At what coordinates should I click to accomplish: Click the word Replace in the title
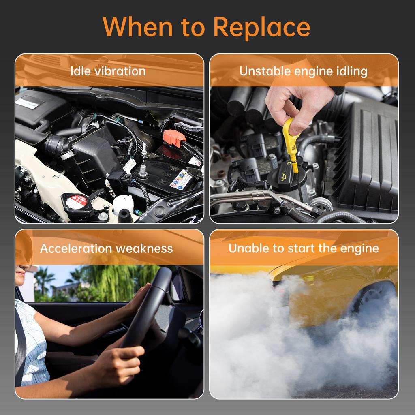(261, 27)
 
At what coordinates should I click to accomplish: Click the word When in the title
(137, 26)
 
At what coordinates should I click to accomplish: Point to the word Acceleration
(76, 248)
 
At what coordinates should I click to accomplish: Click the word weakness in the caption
(144, 248)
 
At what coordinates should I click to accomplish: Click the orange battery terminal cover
(174, 138)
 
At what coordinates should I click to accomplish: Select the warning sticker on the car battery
(181, 180)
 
